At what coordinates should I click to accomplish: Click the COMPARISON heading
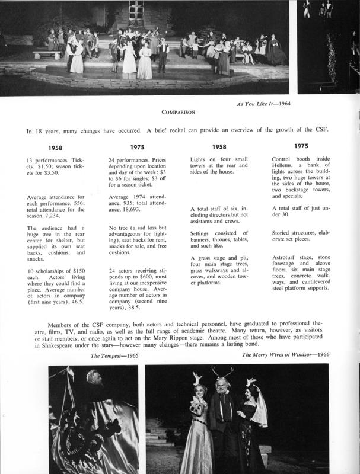[180, 111]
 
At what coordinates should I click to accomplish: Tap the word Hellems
[285, 168]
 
